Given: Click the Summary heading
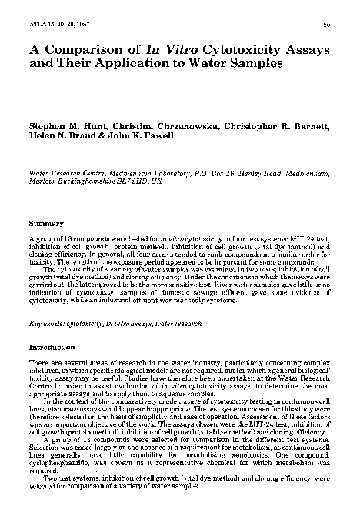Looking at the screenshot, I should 44,224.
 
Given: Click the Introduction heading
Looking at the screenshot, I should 51,348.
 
